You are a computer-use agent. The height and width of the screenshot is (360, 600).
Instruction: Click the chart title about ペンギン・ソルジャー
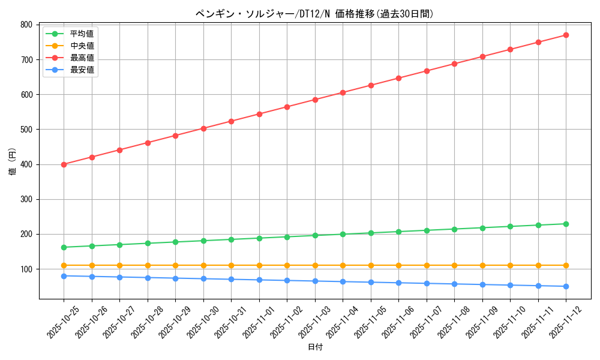pyautogui.click(x=314, y=14)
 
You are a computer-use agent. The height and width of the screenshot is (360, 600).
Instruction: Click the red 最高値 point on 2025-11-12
pyautogui.click(x=566, y=35)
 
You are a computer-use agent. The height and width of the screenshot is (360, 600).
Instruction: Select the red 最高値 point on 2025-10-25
pyautogui.click(x=64, y=164)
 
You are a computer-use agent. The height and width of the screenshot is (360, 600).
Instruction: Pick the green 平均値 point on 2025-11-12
pyautogui.click(x=566, y=224)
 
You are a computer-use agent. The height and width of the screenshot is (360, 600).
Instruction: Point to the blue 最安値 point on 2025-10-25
pyautogui.click(x=64, y=276)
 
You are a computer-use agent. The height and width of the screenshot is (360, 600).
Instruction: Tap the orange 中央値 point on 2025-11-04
pyautogui.click(x=343, y=265)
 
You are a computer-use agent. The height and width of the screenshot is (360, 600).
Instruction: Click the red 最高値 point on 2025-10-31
pyautogui.click(x=231, y=121)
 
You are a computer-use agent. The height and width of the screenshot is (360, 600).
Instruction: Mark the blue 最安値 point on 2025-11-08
pyautogui.click(x=454, y=284)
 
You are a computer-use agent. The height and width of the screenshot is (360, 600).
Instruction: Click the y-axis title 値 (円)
pyautogui.click(x=12, y=161)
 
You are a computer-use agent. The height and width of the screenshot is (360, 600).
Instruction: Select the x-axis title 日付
pyautogui.click(x=315, y=347)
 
